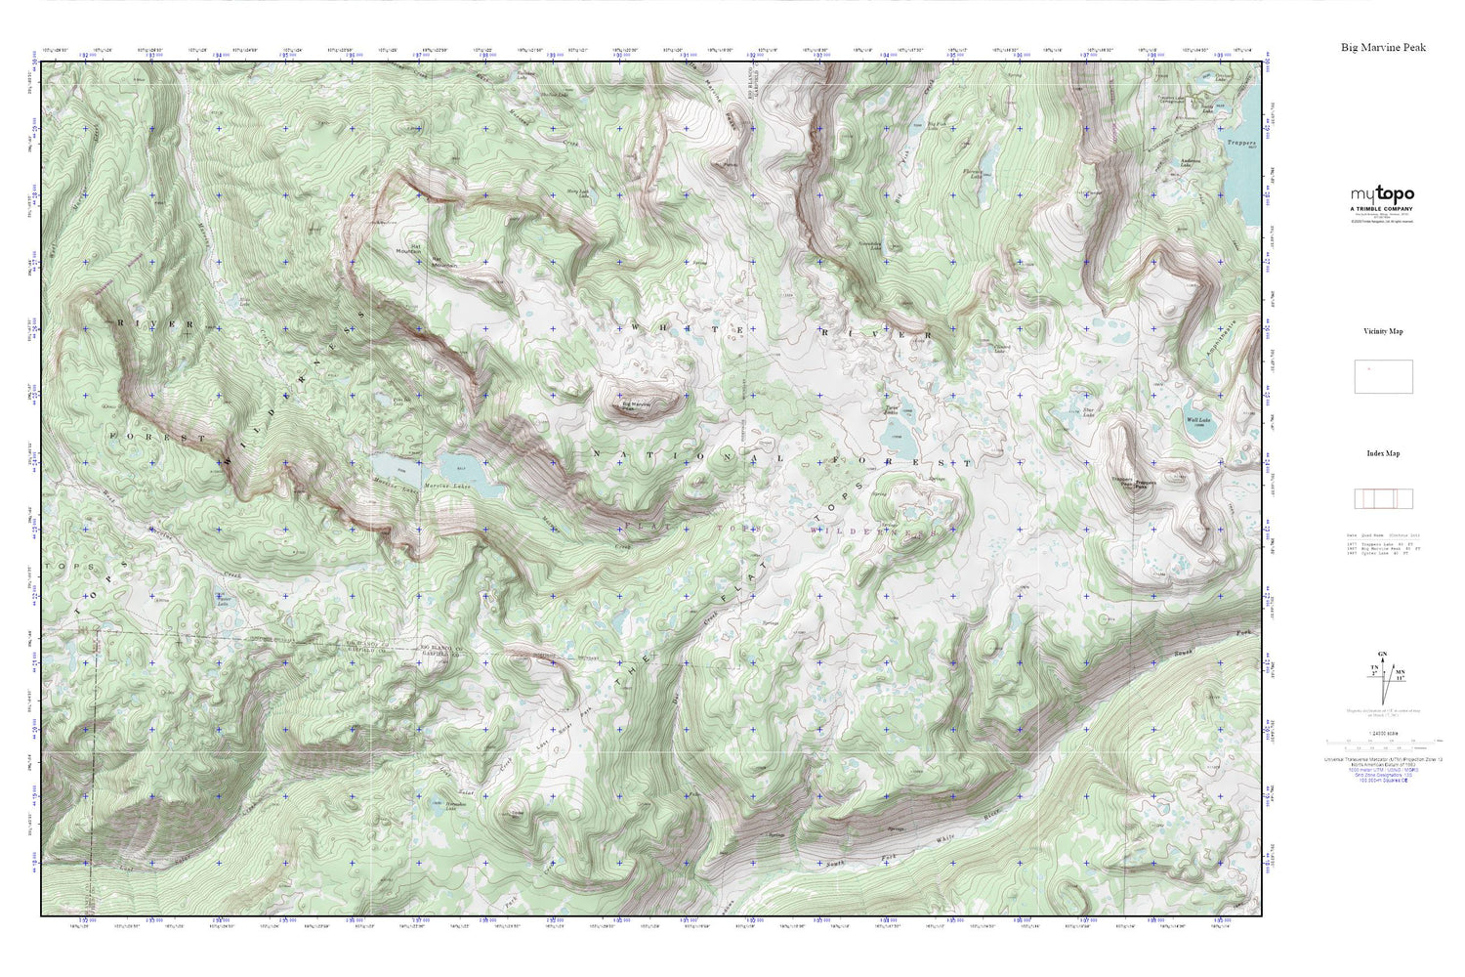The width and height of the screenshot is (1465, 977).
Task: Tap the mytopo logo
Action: [1382, 194]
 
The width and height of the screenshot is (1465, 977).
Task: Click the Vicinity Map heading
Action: [1383, 331]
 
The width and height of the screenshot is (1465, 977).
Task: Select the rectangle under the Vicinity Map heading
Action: [1383, 376]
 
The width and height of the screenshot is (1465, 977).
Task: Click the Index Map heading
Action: [1383, 453]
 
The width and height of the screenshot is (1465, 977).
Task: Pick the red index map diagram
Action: [1383, 498]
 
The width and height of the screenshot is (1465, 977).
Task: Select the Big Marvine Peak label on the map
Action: [636, 404]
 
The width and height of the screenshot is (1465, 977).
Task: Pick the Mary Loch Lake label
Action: [578, 192]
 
